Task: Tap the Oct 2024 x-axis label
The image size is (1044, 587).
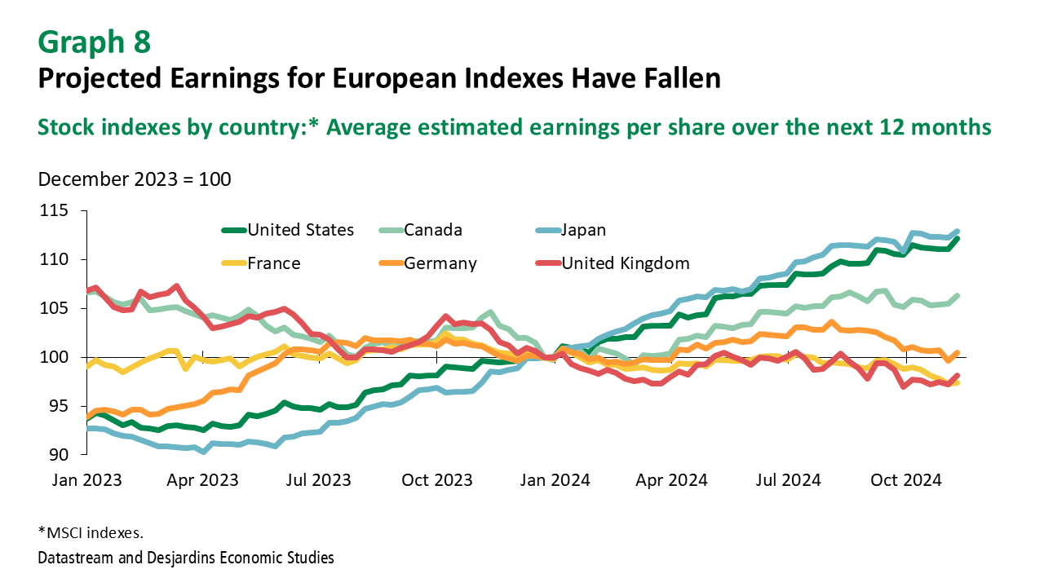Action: click(x=906, y=479)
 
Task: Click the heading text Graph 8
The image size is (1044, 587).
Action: click(x=94, y=42)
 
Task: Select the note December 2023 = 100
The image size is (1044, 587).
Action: click(x=135, y=179)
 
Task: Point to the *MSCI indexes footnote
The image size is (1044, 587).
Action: click(x=91, y=533)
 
